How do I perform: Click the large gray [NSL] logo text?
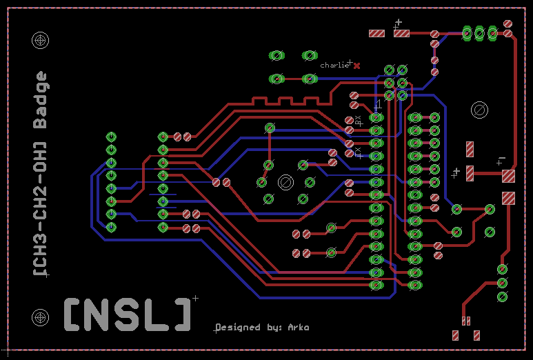128,314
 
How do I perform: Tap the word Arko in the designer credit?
298,327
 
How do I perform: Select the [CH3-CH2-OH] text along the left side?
41,207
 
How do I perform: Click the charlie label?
334,65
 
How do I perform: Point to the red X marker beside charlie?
357,66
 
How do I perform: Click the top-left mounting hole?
41,41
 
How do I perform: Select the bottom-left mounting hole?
41,317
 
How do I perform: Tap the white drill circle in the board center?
285,182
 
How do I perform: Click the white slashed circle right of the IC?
479,110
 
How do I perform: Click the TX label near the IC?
358,152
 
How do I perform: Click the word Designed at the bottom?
239,327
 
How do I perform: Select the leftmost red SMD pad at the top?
376,33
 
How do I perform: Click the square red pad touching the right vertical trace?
508,176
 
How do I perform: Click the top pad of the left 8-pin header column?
111,137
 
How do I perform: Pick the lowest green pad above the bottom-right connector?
502,297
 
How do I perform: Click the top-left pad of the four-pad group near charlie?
276,55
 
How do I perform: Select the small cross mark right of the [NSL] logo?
195,299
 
